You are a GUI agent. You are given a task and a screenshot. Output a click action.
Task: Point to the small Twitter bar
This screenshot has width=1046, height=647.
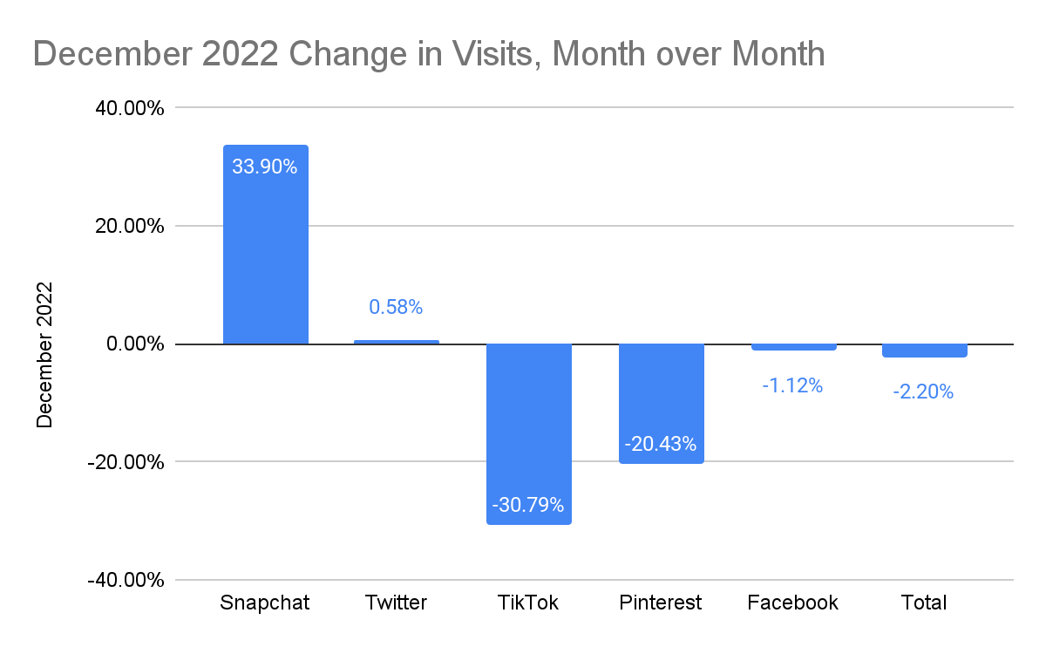(397, 342)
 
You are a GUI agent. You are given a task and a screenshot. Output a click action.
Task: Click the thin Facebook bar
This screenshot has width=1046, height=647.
(793, 347)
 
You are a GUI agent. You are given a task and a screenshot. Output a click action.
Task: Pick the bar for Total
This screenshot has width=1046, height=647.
(924, 351)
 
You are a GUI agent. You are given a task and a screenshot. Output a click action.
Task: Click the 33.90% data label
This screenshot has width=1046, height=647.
(265, 167)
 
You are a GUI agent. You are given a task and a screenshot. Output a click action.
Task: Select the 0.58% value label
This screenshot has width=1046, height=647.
(396, 307)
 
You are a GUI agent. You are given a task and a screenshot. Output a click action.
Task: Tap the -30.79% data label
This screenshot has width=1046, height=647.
(528, 505)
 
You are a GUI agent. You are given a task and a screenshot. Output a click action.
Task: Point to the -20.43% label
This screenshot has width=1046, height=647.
(661, 444)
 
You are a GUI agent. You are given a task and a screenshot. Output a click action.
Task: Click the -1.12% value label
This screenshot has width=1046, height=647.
(792, 385)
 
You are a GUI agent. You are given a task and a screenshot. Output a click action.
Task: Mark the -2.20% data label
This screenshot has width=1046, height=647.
(923, 392)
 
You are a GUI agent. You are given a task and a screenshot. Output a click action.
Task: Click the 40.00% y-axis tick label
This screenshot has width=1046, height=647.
(126, 108)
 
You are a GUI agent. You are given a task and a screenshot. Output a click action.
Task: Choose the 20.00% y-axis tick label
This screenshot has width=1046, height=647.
(126, 226)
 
